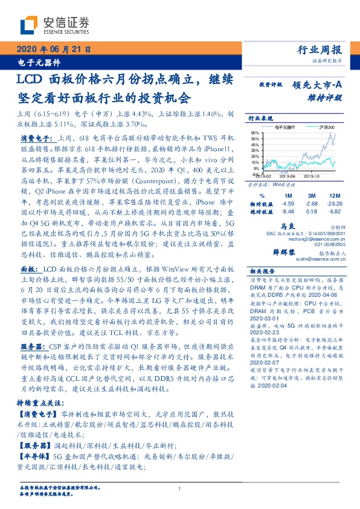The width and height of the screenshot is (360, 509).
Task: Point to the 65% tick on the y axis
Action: click(x=256, y=132)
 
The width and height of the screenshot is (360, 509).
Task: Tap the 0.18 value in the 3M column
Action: click(x=312, y=212)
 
